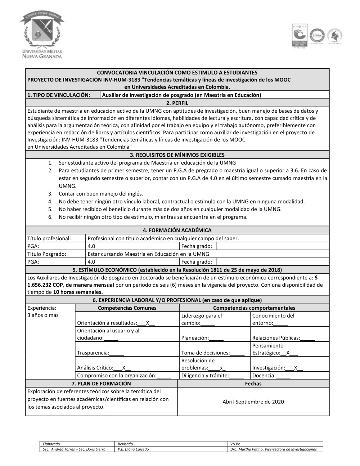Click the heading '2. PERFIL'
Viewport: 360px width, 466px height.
(x=177, y=103)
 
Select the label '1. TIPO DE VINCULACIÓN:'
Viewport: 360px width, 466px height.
(x=59, y=95)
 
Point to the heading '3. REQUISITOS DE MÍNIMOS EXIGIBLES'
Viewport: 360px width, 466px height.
(x=177, y=155)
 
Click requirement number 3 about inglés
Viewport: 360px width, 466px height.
(x=101, y=194)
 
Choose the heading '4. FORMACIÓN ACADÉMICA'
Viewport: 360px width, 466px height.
(x=177, y=230)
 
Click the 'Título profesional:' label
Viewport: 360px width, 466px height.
(x=49, y=238)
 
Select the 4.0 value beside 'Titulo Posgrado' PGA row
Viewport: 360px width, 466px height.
(x=91, y=262)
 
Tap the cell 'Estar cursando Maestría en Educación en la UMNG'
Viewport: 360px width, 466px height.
(x=148, y=254)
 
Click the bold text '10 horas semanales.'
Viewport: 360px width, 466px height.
(x=78, y=292)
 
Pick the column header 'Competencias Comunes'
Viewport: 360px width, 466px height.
(x=127, y=308)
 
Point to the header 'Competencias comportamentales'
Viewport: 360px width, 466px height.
(x=254, y=308)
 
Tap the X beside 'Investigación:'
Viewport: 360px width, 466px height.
(x=296, y=368)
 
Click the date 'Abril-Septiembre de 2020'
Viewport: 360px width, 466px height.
(x=253, y=402)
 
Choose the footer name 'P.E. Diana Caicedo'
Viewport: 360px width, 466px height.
(x=133, y=449)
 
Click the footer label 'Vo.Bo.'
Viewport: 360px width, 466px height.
(x=236, y=444)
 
